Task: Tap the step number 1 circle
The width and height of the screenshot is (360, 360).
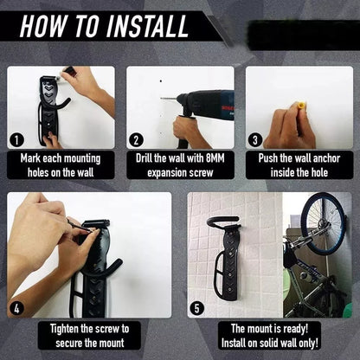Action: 16,139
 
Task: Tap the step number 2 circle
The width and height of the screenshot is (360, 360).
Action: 136,139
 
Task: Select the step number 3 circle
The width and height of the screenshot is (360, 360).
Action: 254,139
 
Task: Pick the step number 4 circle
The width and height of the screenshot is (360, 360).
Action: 16,305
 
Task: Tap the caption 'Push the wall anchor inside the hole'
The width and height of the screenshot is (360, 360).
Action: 299,165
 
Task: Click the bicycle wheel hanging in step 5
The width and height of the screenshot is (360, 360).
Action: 322,227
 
